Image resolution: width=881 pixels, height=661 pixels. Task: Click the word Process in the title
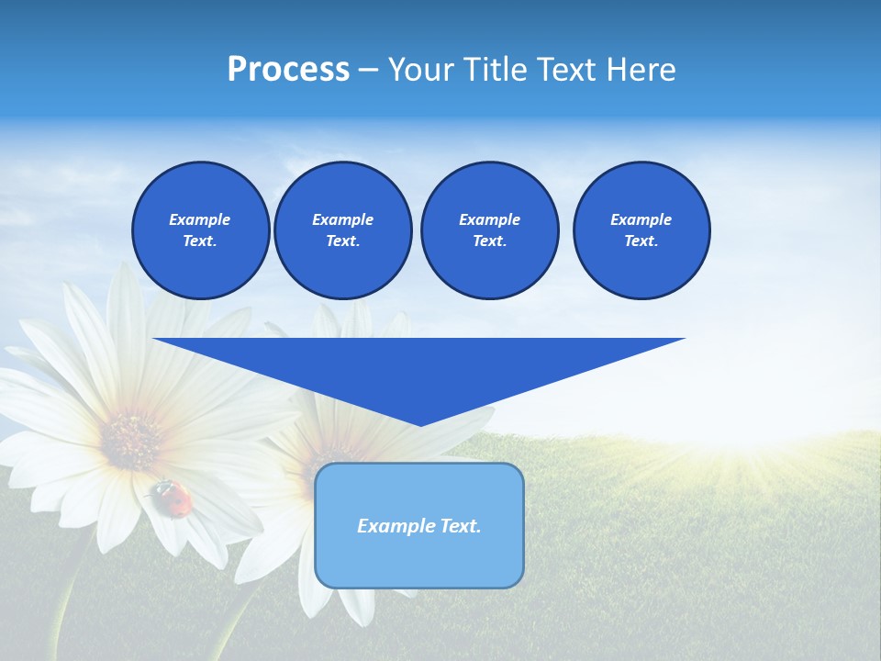[288, 70]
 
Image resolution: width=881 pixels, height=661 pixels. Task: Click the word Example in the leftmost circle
[200, 219]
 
